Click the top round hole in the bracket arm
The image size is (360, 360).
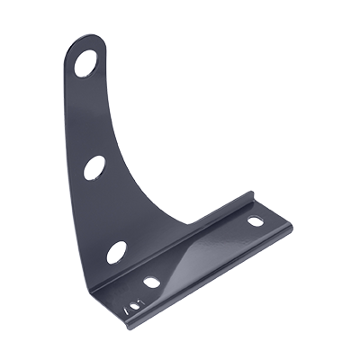(x=85, y=62)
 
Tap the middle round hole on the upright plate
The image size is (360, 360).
(x=94, y=167)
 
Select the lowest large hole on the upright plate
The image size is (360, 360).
(x=116, y=253)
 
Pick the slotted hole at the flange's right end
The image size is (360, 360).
(x=256, y=220)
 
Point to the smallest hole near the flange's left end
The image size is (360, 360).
(x=132, y=306)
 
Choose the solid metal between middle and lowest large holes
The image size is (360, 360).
(x=103, y=211)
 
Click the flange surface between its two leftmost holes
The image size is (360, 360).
(x=141, y=294)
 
